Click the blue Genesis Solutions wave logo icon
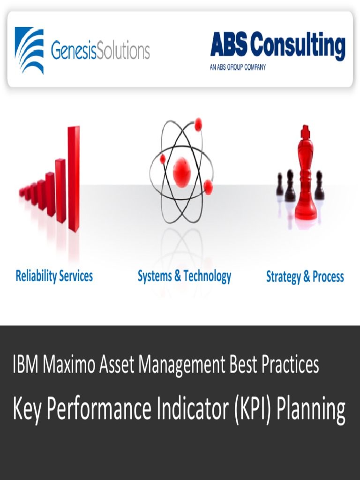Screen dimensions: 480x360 [x=29, y=50]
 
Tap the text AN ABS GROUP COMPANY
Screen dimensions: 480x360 [x=238, y=67]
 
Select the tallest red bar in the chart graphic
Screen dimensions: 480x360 [x=74, y=178]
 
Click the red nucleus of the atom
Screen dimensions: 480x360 [x=181, y=172]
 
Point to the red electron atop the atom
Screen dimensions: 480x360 [x=198, y=124]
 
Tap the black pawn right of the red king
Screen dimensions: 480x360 [x=319, y=186]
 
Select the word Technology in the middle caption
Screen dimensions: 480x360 [x=207, y=277]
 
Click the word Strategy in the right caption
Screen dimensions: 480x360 [x=283, y=277]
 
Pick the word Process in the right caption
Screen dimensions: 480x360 [x=328, y=277]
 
